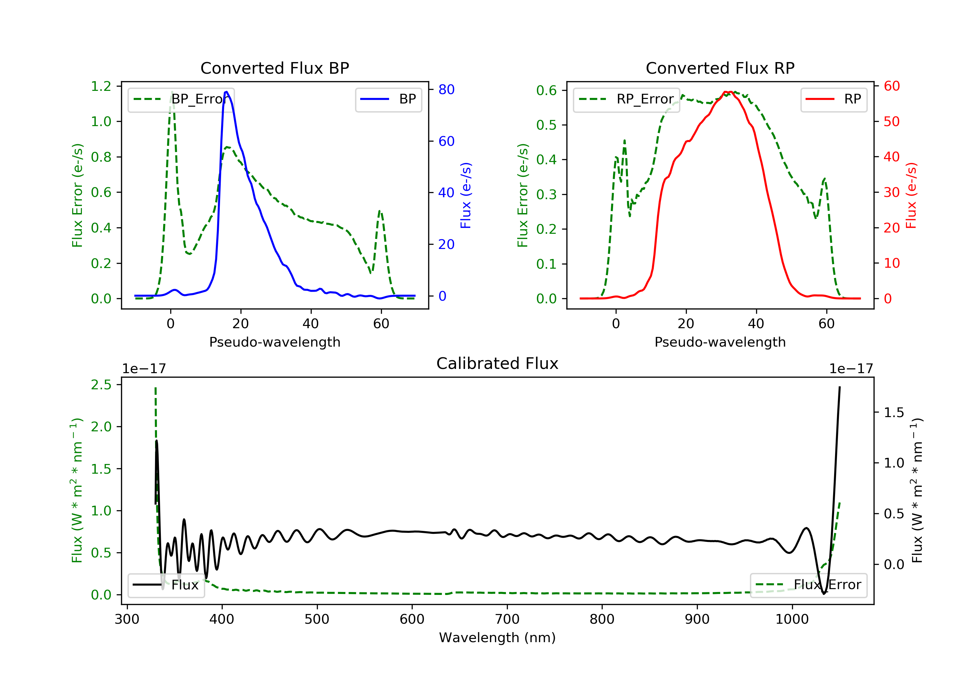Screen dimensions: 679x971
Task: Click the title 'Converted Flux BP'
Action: (x=274, y=68)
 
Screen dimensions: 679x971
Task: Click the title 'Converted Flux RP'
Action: (x=720, y=68)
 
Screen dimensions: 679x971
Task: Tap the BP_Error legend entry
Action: (x=181, y=99)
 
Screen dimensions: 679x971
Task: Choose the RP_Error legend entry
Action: (x=626, y=99)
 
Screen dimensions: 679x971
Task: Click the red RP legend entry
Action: (x=833, y=99)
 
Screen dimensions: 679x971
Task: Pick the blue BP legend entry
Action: (x=388, y=99)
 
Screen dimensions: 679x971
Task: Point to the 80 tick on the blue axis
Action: (x=446, y=90)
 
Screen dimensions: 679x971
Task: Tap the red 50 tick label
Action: (x=891, y=122)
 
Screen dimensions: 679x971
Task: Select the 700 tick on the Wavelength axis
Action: (x=507, y=620)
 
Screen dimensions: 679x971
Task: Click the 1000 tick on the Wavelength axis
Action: (x=792, y=620)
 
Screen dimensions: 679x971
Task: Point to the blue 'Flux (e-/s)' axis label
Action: (x=466, y=195)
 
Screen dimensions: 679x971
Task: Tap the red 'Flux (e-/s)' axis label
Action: (x=911, y=195)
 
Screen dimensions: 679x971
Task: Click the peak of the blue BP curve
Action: (x=227, y=92)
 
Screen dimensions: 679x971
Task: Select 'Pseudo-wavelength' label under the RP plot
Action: (x=720, y=342)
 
